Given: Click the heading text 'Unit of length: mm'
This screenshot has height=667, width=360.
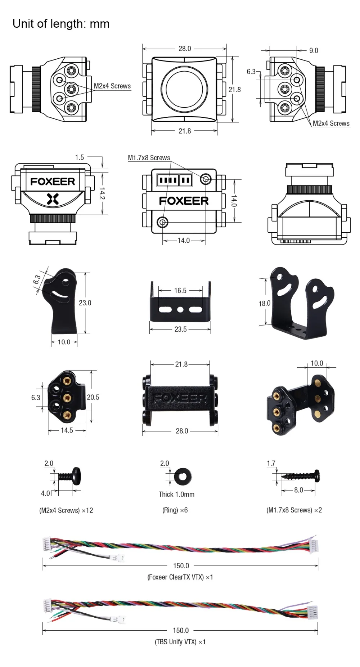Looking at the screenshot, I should click(61, 24).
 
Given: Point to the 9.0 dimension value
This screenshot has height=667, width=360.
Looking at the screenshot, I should click(314, 51).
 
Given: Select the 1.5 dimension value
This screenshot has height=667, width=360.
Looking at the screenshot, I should click(80, 157).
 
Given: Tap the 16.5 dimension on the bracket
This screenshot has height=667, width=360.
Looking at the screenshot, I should click(180, 291).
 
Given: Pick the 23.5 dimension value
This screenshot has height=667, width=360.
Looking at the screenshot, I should click(180, 329).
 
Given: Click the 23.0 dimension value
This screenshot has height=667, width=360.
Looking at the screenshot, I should click(85, 303).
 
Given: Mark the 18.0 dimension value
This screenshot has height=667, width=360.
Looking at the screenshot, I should click(264, 303).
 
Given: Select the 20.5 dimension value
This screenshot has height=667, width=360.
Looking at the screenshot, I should click(93, 397).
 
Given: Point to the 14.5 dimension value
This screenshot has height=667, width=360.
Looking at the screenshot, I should click(67, 430).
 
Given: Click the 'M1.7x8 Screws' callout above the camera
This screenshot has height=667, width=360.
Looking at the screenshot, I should click(149, 158).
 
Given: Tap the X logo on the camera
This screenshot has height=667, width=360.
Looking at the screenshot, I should click(53, 198).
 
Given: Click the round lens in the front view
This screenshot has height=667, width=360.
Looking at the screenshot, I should click(184, 88).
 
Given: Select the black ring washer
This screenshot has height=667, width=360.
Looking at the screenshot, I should click(183, 477).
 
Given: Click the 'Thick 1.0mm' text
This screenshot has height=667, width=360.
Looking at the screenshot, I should click(176, 494).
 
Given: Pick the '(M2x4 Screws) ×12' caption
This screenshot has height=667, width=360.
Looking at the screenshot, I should click(66, 510).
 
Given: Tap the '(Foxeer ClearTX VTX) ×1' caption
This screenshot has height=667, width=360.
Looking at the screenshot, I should click(180, 577).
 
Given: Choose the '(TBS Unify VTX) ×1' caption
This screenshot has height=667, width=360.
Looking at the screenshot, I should click(180, 642).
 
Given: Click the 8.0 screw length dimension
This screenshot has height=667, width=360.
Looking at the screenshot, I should click(298, 490).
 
